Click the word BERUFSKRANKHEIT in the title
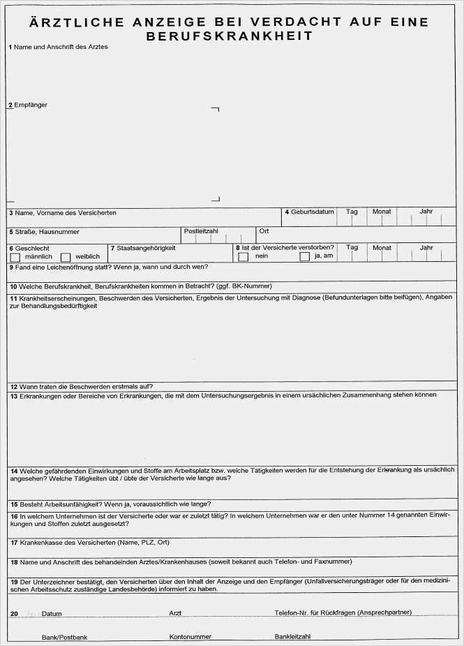[230, 36]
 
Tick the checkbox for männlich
[15, 257]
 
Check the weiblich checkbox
[66, 257]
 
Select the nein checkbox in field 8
[243, 257]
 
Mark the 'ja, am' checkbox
[304, 257]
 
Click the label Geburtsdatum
[312, 212]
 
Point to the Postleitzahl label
[202, 230]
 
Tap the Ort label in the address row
[264, 230]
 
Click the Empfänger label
[31, 105]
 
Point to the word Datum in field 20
[52, 613]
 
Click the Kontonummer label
[190, 637]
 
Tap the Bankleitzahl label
[292, 637]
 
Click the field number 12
[13, 387]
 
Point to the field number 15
[13, 504]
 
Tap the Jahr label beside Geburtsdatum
[426, 211]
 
